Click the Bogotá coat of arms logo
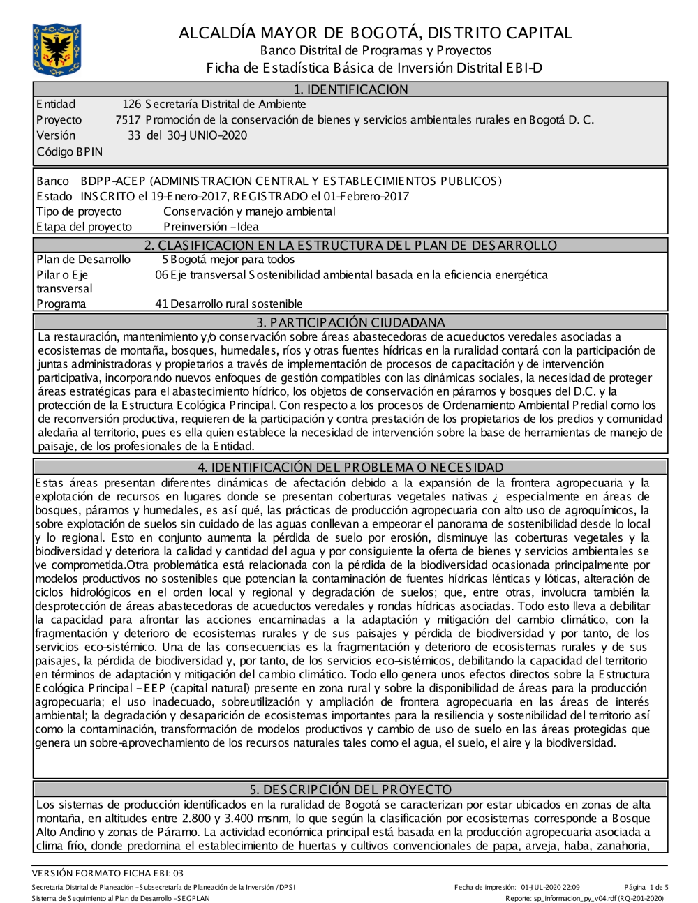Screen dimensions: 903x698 point(57,50)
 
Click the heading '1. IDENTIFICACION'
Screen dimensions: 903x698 point(350,89)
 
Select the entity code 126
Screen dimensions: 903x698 point(131,105)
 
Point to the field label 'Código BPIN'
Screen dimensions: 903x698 point(69,151)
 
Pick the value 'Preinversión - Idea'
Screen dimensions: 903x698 point(211,227)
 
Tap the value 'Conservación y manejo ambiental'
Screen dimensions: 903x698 point(249,211)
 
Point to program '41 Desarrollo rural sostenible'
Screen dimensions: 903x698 point(228,304)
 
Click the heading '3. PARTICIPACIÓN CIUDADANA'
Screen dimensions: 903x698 point(350,322)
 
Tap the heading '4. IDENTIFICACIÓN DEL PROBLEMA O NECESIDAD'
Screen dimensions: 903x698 point(350,467)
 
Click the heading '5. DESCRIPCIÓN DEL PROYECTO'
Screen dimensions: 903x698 point(350,789)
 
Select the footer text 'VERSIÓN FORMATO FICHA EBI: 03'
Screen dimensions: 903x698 point(107,873)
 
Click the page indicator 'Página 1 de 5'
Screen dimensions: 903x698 point(646,888)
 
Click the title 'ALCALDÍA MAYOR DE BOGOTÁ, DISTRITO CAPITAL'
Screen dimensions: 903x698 point(375,33)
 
